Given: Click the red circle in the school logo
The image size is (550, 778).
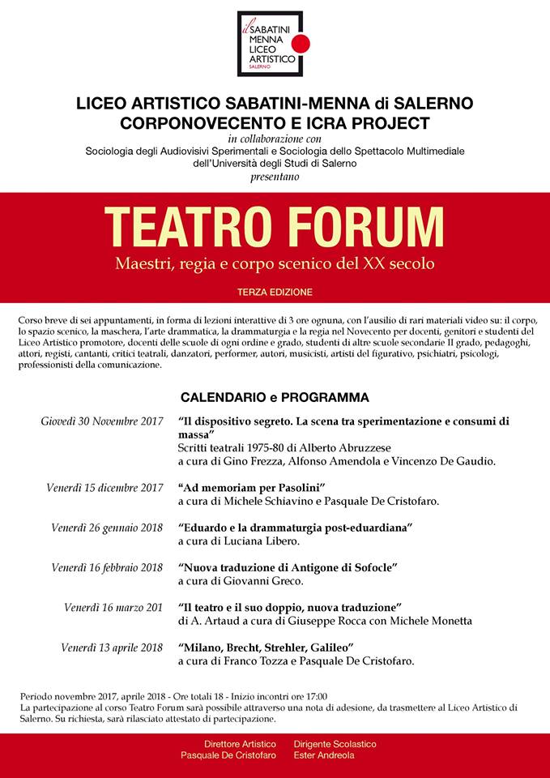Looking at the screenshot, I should click(x=300, y=44).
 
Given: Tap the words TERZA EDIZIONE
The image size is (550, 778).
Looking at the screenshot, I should click(x=275, y=291).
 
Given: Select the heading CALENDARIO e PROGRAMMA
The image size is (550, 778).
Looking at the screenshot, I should click(x=275, y=398).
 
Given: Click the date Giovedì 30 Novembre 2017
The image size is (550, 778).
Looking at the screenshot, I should click(x=103, y=421).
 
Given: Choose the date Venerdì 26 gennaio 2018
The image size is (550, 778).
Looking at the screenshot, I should click(x=107, y=528).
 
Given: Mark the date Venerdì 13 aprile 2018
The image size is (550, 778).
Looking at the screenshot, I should click(x=113, y=647).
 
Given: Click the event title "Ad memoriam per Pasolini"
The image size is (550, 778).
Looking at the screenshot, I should click(x=251, y=487).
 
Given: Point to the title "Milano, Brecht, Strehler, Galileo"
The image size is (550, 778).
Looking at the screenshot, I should click(x=266, y=647).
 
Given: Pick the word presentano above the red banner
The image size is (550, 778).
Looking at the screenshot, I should click(x=275, y=176).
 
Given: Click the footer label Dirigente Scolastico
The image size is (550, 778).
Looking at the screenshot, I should click(x=335, y=744).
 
